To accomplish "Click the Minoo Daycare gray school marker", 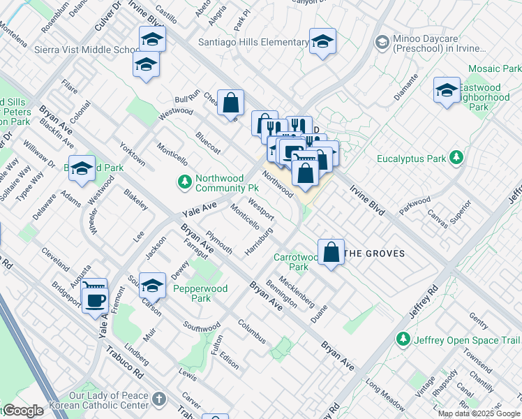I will (382, 43).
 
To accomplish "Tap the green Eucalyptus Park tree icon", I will (456, 158).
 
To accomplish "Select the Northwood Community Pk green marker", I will (184, 182).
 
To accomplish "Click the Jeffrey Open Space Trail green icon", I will (403, 339).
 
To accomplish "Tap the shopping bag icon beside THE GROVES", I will (331, 252).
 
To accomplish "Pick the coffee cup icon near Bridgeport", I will (95, 301).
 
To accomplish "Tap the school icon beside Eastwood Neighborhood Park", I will (447, 91).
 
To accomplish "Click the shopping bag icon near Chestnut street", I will (230, 104).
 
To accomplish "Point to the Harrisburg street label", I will (259, 240).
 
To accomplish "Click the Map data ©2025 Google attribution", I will (479, 413).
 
